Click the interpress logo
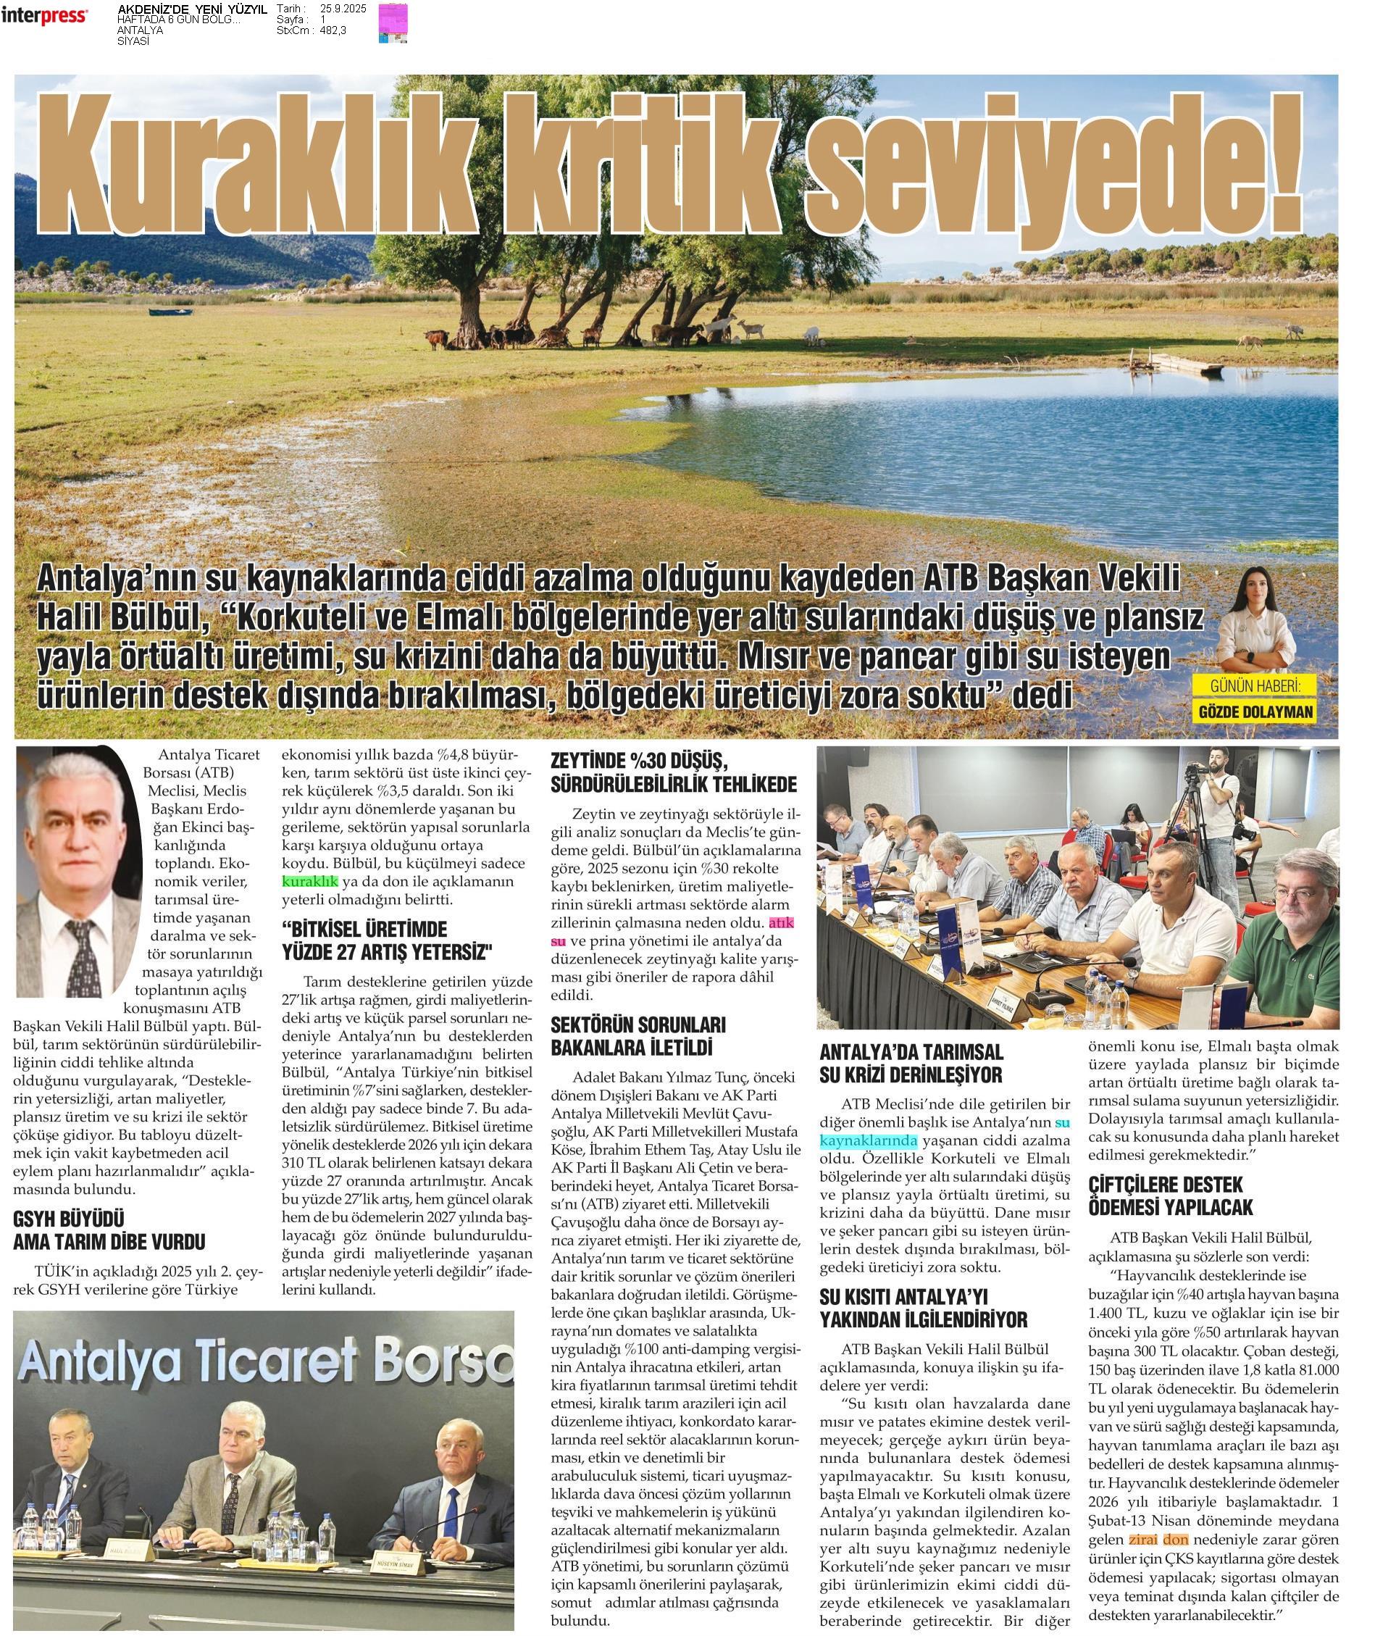[x=44, y=14]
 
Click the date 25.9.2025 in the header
[x=343, y=9]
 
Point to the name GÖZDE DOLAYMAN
[x=1255, y=711]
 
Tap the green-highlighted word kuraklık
[x=309, y=882]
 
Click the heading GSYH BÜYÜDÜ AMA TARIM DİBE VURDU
[x=109, y=1230]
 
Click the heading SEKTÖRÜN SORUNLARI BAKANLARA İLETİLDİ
[x=638, y=1036]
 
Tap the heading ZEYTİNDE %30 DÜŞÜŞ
[x=640, y=761]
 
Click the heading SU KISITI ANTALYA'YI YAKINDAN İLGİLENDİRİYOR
[x=924, y=1308]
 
